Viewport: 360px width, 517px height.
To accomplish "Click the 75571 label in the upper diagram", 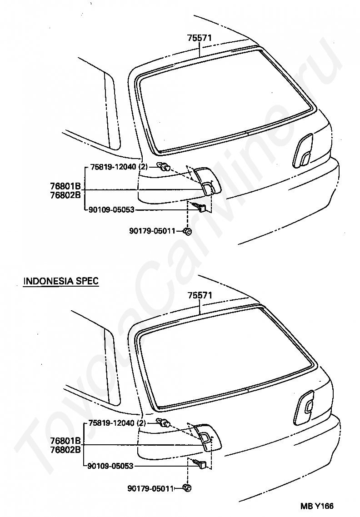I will pos(200,39).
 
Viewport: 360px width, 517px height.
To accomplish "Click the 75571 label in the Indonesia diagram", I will pos(200,295).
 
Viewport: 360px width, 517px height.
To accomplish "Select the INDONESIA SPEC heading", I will pos(61,281).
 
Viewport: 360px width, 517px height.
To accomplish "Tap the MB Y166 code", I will pos(319,506).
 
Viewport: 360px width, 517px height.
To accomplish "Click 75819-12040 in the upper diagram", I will pos(113,167).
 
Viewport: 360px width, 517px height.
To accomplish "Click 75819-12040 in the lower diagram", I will pos(113,423).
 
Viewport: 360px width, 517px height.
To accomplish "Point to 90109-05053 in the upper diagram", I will pos(111,210).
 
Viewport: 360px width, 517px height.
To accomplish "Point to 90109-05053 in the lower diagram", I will pos(111,466).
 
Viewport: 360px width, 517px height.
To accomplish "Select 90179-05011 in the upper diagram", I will pos(152,231).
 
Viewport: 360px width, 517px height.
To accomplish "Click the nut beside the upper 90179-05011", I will pos(187,232).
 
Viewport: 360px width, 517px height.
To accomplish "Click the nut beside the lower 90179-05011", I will pos(187,488).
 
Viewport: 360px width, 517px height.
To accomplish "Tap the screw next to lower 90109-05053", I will pos(201,464).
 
